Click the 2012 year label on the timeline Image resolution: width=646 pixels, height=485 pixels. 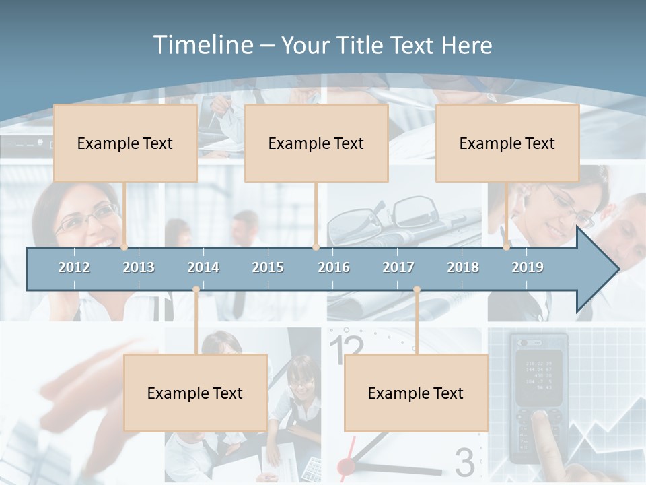(74, 267)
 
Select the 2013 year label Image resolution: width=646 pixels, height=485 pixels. (139, 267)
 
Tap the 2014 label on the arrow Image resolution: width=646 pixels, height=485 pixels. (203, 267)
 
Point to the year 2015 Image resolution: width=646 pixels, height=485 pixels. (268, 267)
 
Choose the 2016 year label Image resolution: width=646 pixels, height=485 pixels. (334, 267)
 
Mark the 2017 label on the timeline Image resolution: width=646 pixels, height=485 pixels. (398, 267)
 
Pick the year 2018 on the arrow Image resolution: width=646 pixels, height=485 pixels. (463, 267)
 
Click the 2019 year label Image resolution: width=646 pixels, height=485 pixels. (528, 267)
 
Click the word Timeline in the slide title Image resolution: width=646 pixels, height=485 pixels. (202, 45)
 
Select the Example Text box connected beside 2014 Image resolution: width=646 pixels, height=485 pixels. (195, 393)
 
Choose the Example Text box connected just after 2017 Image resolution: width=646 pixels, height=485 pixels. (416, 393)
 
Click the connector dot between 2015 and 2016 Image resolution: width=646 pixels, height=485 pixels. (316, 247)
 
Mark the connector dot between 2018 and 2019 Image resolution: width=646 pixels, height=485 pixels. (507, 247)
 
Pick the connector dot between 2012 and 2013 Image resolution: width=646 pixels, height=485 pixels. (124, 247)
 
